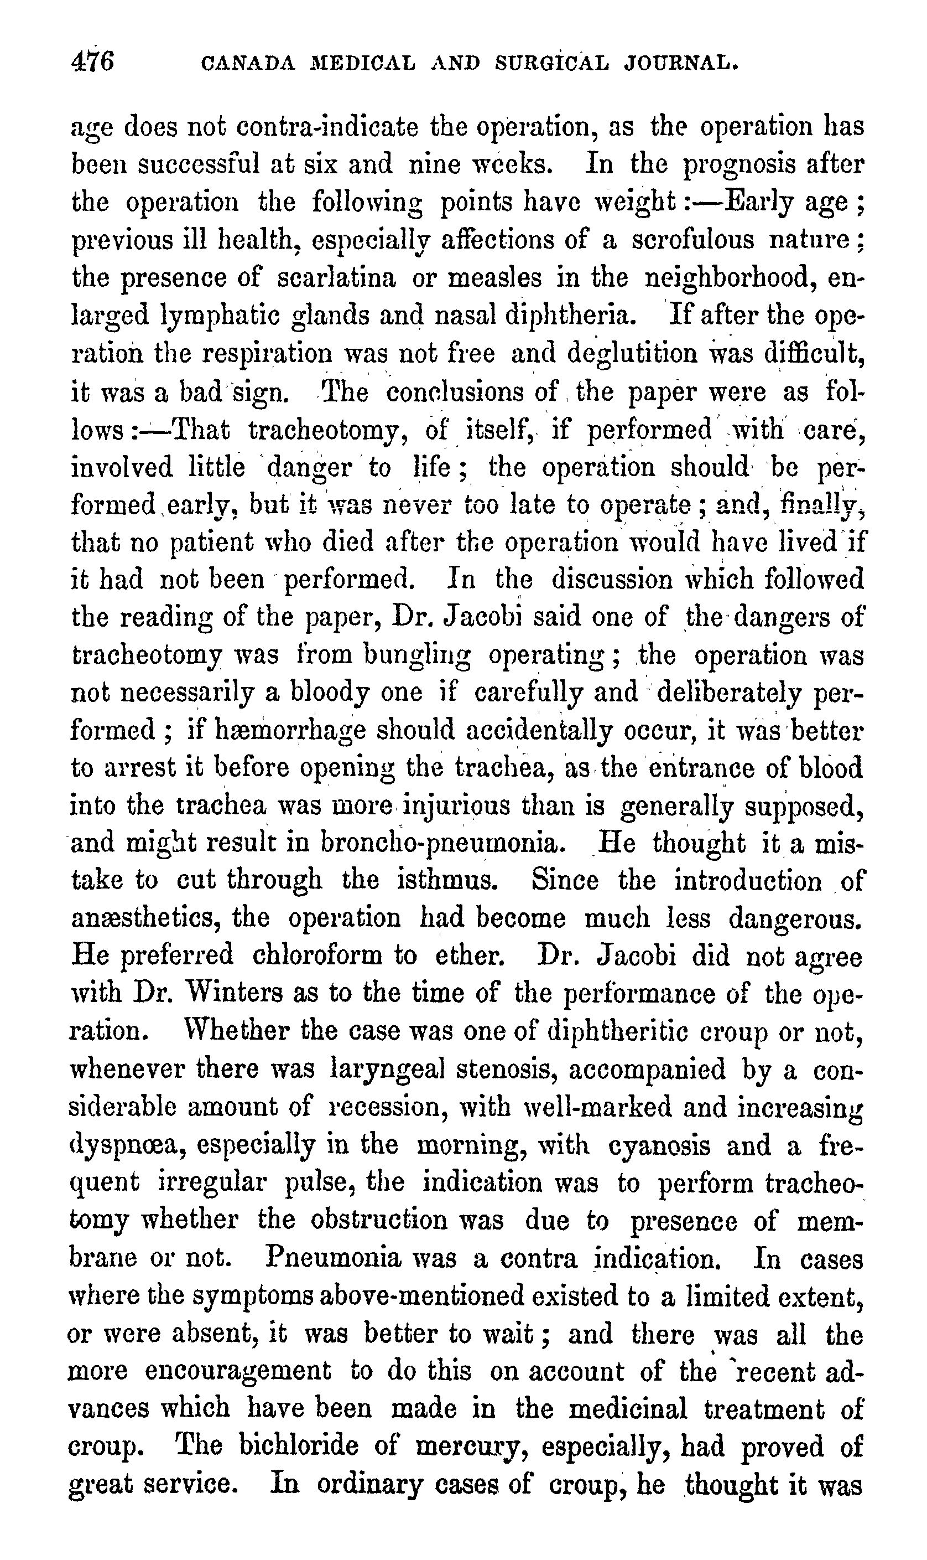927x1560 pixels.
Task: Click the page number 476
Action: pos(93,63)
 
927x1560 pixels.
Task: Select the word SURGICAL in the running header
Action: pos(551,63)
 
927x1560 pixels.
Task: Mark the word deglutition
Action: pos(632,354)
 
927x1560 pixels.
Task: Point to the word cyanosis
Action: pos(658,1145)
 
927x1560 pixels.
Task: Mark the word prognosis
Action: pos(735,165)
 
